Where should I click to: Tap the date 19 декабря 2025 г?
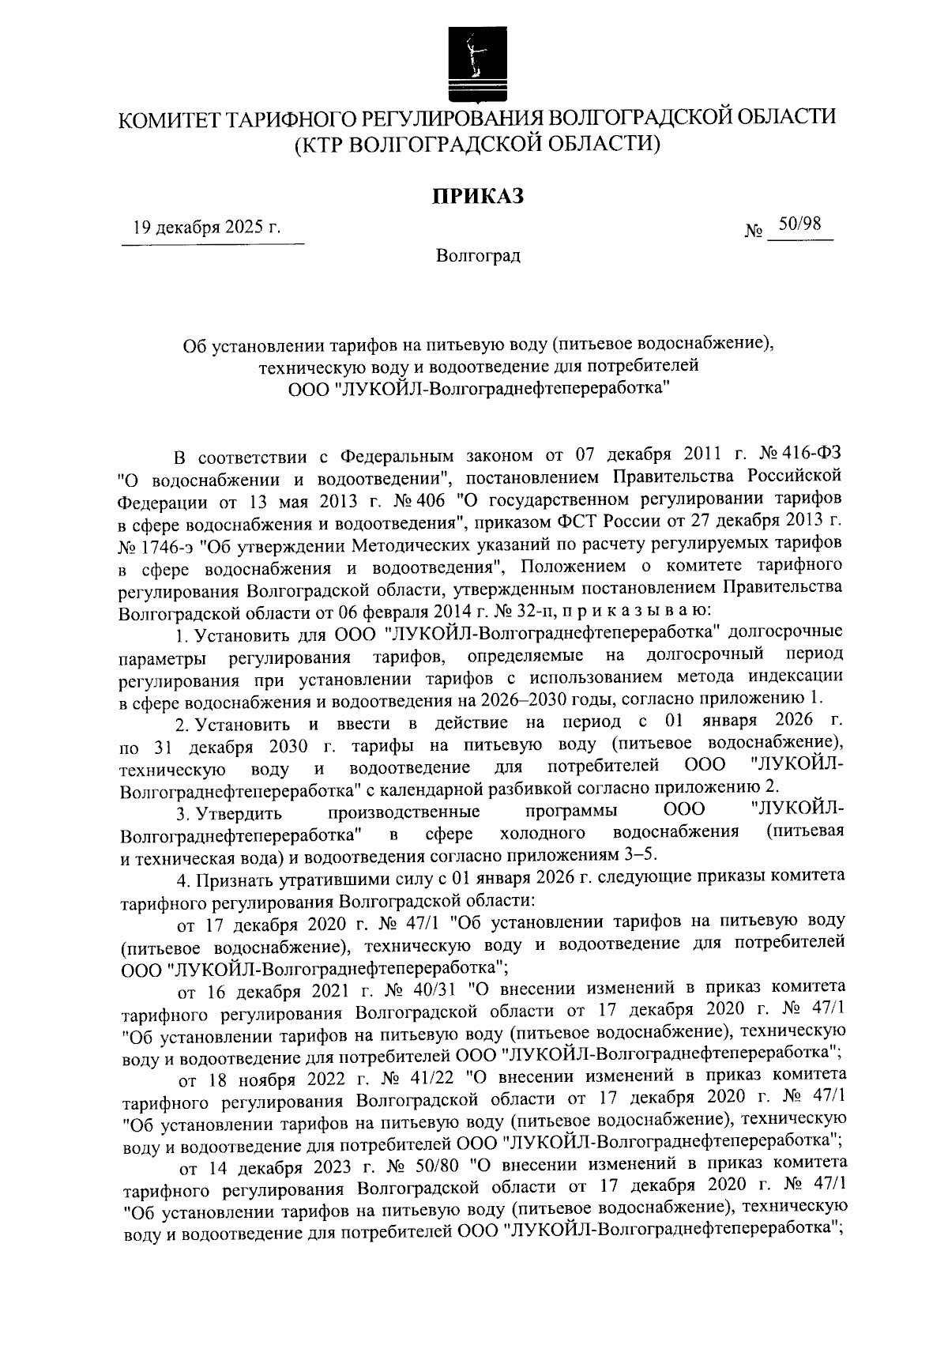[207, 229]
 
